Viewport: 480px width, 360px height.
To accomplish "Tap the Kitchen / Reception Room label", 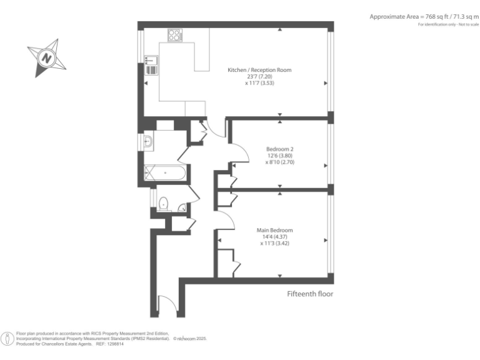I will (259, 70).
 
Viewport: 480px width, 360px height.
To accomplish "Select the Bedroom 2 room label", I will (279, 149).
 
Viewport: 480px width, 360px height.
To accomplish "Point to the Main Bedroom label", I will (277, 230).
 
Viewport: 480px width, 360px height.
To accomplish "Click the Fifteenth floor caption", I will (310, 294).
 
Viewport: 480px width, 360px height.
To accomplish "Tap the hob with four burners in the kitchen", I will (174, 35).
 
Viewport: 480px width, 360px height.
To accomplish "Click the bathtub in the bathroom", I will (164, 172).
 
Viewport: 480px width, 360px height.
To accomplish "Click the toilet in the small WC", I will (164, 203).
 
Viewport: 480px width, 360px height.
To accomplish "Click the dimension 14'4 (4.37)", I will (277, 237).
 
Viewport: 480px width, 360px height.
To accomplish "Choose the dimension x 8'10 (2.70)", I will (279, 162).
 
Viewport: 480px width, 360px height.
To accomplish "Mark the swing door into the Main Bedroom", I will (225, 219).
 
